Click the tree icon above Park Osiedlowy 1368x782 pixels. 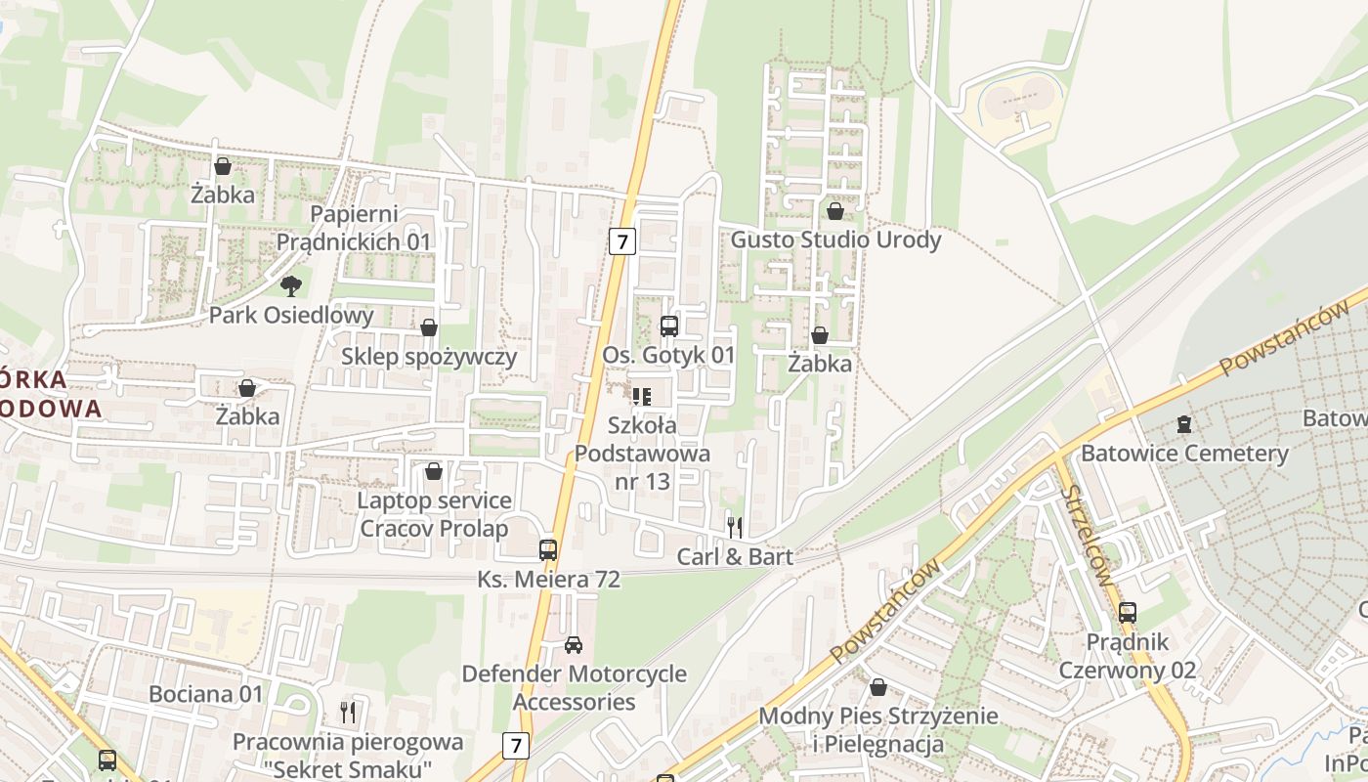click(x=290, y=285)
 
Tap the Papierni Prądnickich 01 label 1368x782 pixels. click(x=353, y=228)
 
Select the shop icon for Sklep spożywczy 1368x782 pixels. click(x=428, y=327)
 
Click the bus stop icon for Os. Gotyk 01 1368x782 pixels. click(x=669, y=326)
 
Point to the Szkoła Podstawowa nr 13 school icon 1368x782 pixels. click(x=641, y=396)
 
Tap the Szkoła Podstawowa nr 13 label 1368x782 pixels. click(x=642, y=454)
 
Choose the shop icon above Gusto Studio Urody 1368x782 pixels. click(x=835, y=211)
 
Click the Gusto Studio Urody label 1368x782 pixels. click(x=835, y=239)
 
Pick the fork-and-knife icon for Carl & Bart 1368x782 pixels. click(x=735, y=528)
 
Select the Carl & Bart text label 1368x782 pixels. click(x=735, y=556)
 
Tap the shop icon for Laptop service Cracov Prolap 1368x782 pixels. click(x=434, y=472)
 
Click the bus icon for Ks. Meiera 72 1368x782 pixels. click(x=548, y=550)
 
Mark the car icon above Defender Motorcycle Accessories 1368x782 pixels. click(x=574, y=645)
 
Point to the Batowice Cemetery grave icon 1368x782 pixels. click(x=1184, y=424)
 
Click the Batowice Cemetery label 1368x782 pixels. click(x=1184, y=454)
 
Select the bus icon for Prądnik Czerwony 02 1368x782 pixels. click(x=1128, y=614)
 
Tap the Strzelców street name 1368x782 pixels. click(x=1086, y=535)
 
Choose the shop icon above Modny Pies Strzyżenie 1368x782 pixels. click(x=878, y=687)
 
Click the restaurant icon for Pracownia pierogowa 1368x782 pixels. click(x=347, y=712)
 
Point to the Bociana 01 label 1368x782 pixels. click(x=206, y=694)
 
